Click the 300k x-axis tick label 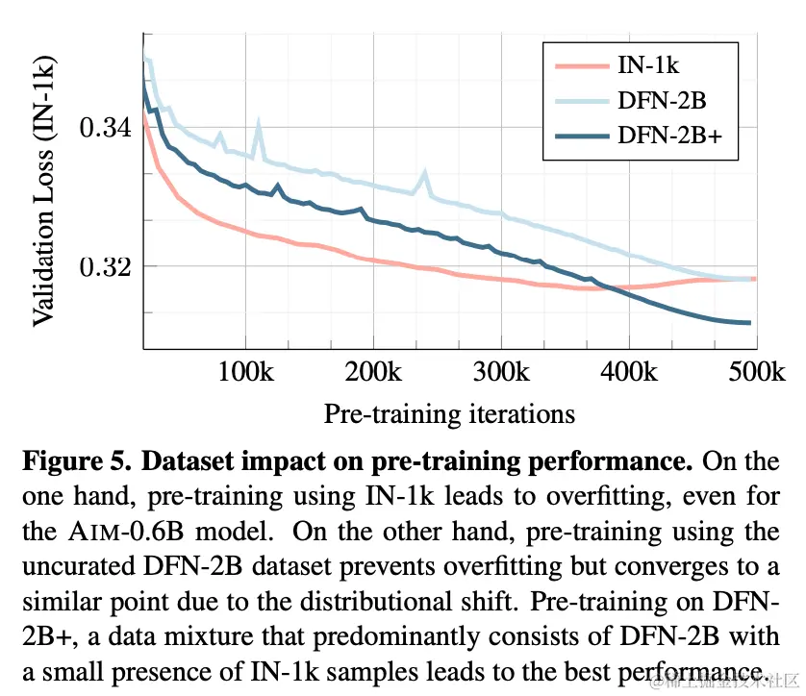pos(502,372)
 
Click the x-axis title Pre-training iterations pos(449,413)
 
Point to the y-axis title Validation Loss pos(44,190)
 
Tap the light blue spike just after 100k pos(258,123)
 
